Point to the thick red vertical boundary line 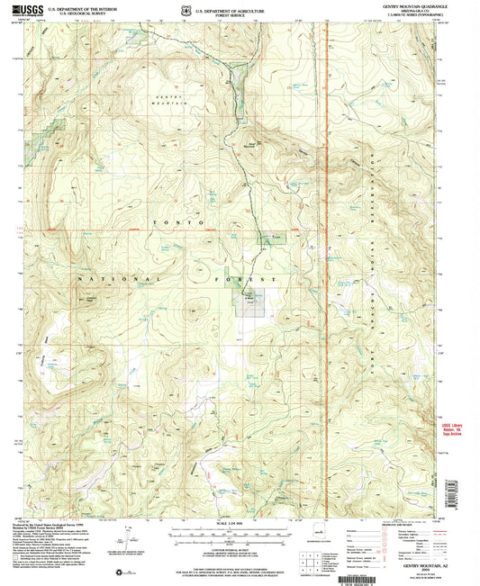pos(328,270)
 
